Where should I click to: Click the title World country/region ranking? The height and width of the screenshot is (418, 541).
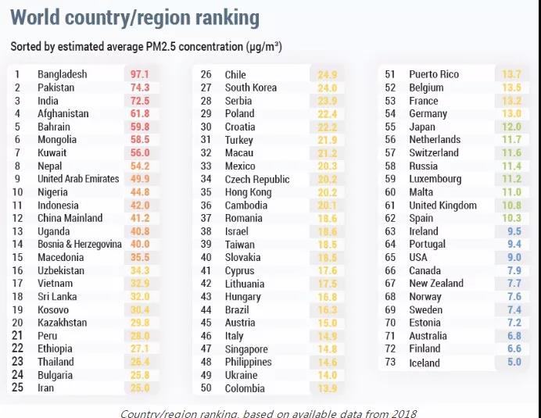135,18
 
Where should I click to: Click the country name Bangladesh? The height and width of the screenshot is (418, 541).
63,74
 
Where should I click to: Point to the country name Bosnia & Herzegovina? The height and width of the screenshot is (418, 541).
80,245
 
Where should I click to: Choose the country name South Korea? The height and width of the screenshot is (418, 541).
250,88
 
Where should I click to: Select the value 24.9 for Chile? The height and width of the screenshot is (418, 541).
327,75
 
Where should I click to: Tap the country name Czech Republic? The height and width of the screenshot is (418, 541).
256,179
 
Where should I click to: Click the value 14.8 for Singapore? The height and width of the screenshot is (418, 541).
327,349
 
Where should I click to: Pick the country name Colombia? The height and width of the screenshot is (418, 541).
245,388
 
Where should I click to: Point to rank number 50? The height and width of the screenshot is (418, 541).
206,388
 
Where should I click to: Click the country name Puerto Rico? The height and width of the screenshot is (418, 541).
434,74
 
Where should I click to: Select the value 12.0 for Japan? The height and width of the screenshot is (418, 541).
511,127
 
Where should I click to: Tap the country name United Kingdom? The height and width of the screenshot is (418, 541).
442,205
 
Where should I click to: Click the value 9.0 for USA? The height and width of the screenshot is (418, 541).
514,258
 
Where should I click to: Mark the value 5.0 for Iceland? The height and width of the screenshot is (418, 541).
514,363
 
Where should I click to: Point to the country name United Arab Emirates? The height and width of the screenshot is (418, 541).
78,179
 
